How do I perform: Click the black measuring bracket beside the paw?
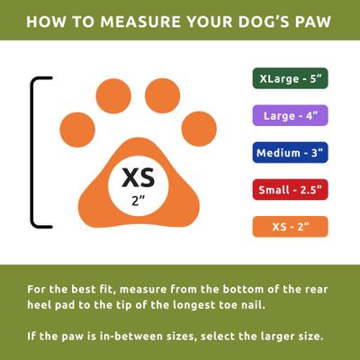36,153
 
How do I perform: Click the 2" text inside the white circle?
138,200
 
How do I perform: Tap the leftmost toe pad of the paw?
76,128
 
